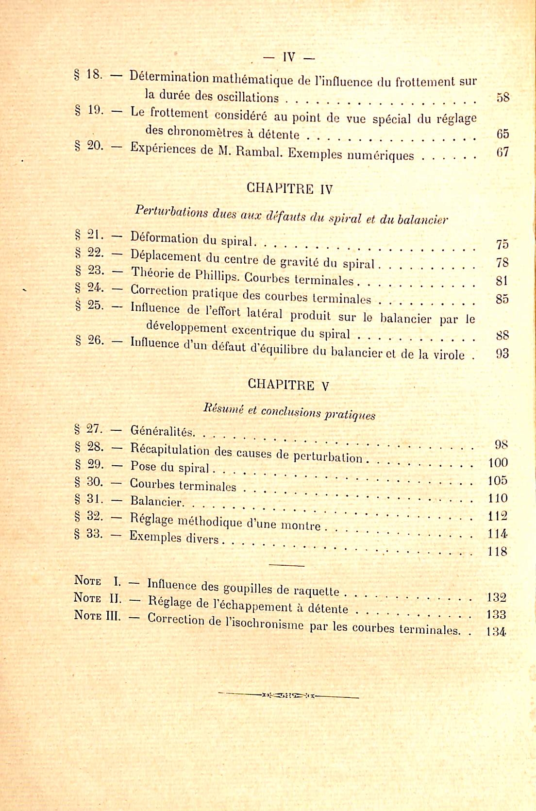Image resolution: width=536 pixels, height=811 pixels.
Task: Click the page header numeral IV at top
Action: click(288, 57)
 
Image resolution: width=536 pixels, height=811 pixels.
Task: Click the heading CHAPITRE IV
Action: click(290, 188)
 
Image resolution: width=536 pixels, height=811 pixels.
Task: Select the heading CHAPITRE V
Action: click(288, 385)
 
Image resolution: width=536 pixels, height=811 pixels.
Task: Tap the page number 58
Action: click(503, 97)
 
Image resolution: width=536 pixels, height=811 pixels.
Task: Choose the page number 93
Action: click(502, 354)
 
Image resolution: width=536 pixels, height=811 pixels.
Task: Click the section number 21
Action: click(95, 235)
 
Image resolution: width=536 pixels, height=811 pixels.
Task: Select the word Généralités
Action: click(163, 431)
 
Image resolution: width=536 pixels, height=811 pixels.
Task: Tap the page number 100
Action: click(498, 462)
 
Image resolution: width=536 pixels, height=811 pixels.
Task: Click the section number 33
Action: click(94, 534)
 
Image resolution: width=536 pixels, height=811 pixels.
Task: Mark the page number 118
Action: click(498, 552)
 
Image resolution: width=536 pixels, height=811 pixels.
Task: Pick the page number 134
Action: click(496, 632)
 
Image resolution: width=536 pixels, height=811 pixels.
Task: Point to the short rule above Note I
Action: click(286, 565)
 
